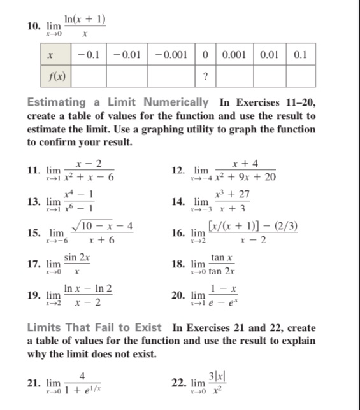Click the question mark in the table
pyautogui.click(x=205, y=77)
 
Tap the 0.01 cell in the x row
pyautogui.click(x=272, y=55)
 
